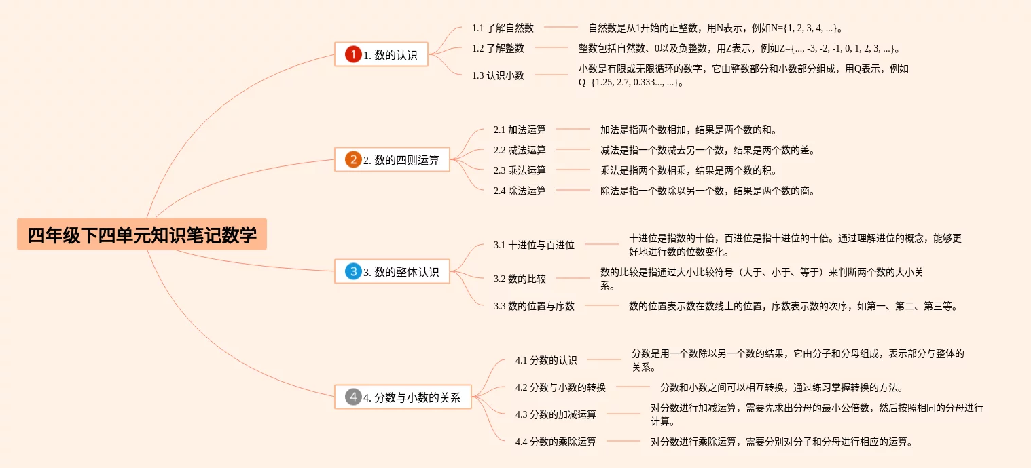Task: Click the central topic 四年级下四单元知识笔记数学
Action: click(142, 235)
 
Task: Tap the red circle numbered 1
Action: click(353, 55)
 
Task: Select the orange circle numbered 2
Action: click(353, 160)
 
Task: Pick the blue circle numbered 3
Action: click(353, 272)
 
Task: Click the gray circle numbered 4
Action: click(353, 397)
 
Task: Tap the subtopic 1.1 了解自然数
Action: click(503, 28)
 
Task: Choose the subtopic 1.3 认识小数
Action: click(498, 75)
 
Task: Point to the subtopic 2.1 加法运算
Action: click(520, 129)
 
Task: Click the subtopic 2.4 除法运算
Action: click(520, 191)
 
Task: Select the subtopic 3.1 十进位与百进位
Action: click(534, 245)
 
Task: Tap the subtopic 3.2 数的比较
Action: click(520, 278)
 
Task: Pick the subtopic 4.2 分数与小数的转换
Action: click(560, 387)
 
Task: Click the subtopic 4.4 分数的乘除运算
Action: click(556, 442)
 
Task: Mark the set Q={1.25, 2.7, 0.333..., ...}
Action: click(628, 83)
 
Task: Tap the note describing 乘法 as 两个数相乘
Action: click(688, 170)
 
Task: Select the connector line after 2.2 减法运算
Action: click(573, 149)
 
